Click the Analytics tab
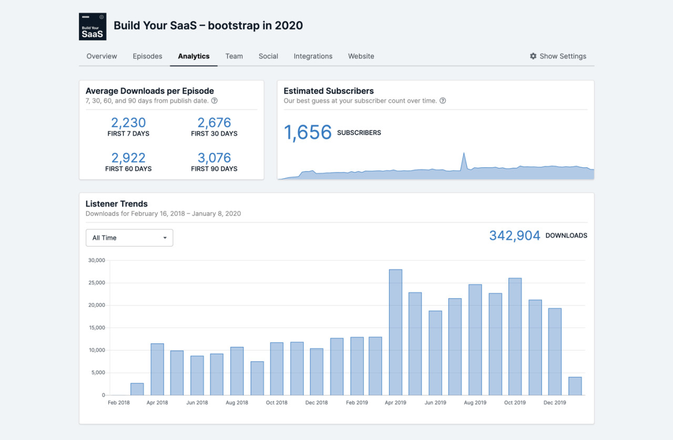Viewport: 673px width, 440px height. pos(193,56)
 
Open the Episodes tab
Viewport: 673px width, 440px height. pos(147,56)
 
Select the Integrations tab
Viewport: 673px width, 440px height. pos(313,56)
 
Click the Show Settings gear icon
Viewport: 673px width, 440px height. pos(533,56)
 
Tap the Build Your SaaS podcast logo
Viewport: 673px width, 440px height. pos(93,27)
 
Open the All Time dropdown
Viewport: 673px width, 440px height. pos(129,238)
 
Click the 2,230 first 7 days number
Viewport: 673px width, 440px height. pos(128,122)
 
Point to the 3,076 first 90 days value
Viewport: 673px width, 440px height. pos(214,158)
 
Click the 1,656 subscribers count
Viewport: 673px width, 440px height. pos(308,132)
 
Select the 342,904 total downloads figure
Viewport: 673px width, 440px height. pos(514,236)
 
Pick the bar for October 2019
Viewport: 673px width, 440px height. pos(515,336)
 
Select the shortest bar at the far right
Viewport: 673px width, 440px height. pos(575,386)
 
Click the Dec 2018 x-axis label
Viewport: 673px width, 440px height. pos(317,403)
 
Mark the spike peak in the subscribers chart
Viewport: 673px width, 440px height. pos(464,154)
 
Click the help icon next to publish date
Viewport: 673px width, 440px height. pos(215,101)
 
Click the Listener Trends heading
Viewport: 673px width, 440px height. pos(117,204)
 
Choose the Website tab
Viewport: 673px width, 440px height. pos(361,56)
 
